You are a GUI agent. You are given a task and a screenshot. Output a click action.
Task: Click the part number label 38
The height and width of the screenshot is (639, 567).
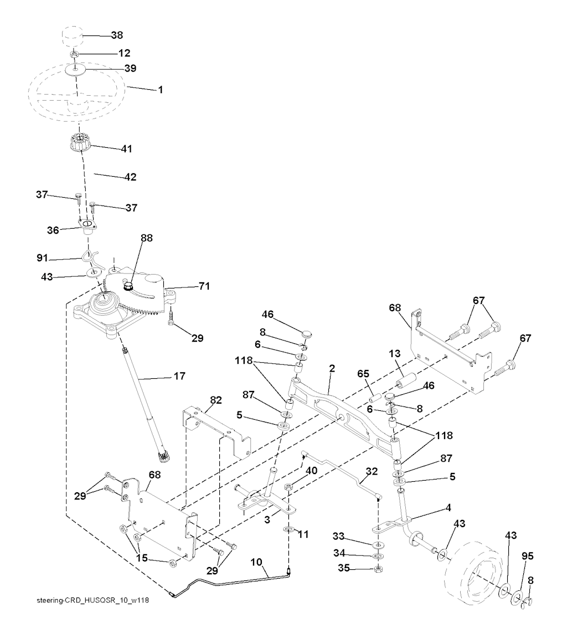(x=117, y=35)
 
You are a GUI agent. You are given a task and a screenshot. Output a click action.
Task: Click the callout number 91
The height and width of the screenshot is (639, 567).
(x=43, y=258)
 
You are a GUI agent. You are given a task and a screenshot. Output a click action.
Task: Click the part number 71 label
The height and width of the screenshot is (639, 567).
(x=204, y=286)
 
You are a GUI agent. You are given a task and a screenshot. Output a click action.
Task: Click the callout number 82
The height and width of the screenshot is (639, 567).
(x=215, y=400)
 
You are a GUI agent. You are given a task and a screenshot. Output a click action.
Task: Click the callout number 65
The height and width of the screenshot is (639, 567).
(x=363, y=374)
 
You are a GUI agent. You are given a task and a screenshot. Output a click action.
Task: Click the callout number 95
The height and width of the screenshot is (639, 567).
(x=528, y=556)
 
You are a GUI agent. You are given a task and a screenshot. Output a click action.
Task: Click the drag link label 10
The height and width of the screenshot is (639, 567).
(x=256, y=563)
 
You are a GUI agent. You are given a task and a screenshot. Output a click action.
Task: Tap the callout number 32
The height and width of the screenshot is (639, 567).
(x=372, y=471)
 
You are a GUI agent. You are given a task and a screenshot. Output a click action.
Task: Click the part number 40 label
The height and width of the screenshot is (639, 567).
(x=311, y=471)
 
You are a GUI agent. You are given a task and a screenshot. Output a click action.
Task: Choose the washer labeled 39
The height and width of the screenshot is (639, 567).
(x=75, y=70)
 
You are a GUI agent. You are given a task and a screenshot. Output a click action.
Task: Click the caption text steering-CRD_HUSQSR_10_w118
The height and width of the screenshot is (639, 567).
(x=92, y=600)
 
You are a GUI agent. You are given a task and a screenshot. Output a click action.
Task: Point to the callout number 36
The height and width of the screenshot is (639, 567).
(x=53, y=230)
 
